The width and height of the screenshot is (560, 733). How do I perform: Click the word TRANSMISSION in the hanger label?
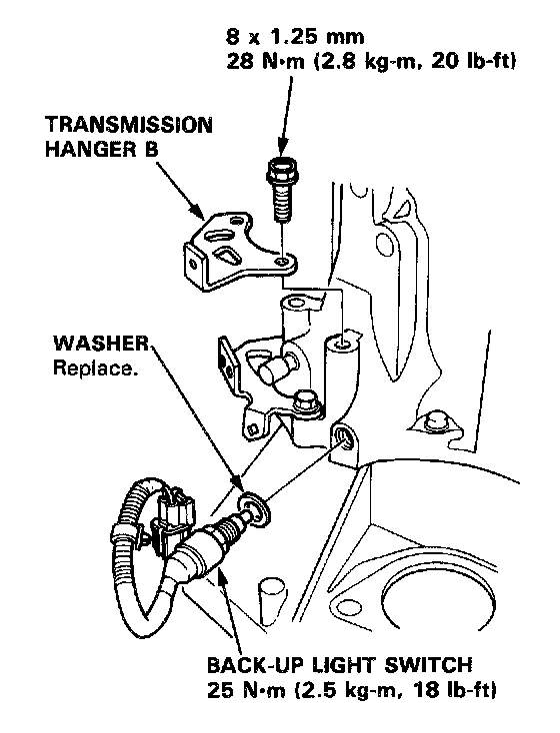click(129, 125)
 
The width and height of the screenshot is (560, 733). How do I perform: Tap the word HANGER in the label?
click(88, 149)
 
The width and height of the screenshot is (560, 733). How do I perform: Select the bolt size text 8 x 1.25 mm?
click(295, 36)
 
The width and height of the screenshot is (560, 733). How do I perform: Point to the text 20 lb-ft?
click(472, 61)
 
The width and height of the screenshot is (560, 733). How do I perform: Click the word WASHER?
click(101, 344)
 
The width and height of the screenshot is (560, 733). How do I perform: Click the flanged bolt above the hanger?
click(283, 190)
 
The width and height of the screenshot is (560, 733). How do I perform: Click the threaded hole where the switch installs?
click(343, 438)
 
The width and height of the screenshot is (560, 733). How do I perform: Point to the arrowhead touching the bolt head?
click(282, 150)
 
